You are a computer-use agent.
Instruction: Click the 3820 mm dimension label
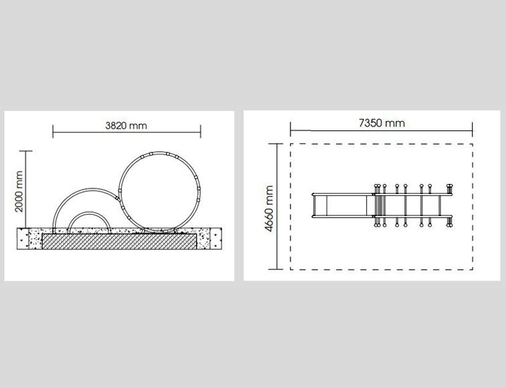(x=126, y=126)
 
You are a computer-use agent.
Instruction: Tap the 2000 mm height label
(x=19, y=191)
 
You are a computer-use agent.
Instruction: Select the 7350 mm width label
(x=382, y=123)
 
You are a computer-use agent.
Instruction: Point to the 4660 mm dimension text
(x=269, y=208)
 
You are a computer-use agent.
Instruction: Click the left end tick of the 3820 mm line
(x=53, y=132)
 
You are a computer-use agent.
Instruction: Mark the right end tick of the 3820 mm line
(x=201, y=132)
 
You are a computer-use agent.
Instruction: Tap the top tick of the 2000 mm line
(x=26, y=151)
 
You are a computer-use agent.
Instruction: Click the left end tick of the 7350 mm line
(x=290, y=129)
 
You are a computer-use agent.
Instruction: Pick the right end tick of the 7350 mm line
(x=473, y=129)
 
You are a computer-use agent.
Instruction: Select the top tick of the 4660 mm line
(x=276, y=144)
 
